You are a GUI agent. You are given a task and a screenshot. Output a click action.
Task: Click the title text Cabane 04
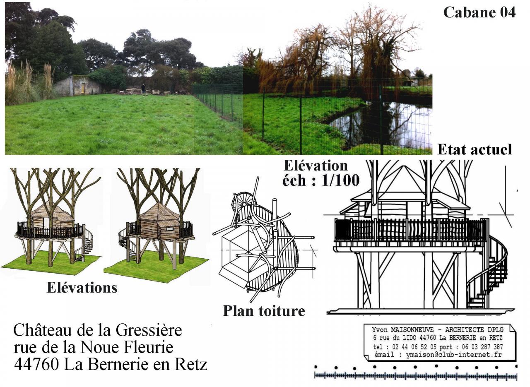coord(479,12)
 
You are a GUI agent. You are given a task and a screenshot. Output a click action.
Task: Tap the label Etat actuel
coord(475,149)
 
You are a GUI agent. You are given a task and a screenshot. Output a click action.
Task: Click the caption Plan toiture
coord(264,311)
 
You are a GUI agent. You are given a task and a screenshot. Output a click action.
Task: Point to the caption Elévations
coord(82,288)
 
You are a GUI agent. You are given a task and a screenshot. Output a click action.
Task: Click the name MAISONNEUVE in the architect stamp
coord(409,330)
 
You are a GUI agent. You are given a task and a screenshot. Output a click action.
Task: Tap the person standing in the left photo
coord(143,88)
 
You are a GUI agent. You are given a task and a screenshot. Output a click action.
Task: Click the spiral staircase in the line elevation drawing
coord(491,273)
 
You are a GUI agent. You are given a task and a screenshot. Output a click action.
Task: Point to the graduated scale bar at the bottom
coord(415,376)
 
